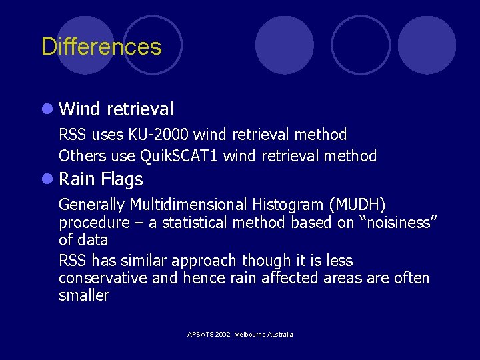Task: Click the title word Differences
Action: (x=101, y=47)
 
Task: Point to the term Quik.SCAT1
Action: (x=179, y=156)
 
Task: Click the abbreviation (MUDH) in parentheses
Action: (x=355, y=204)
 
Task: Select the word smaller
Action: (x=83, y=295)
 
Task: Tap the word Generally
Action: (x=92, y=204)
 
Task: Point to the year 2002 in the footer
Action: (x=223, y=334)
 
